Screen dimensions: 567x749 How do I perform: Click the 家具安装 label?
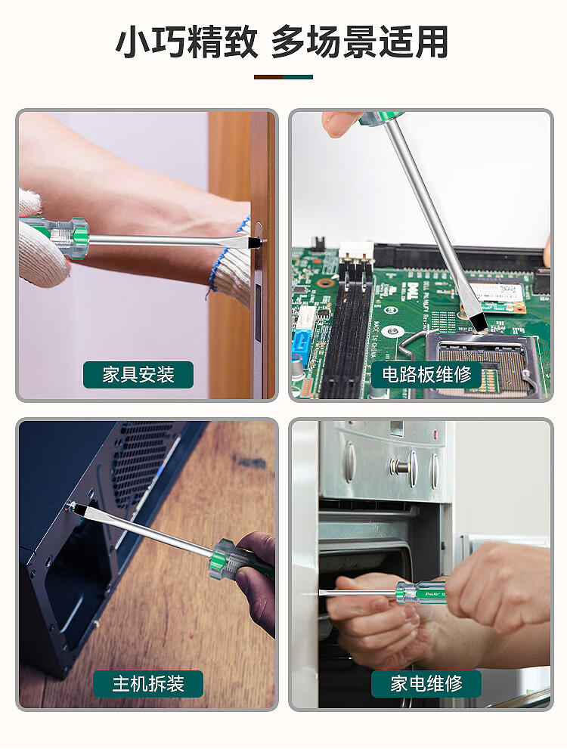click(138, 375)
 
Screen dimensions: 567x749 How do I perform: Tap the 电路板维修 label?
click(426, 375)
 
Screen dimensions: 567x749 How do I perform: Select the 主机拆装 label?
click(148, 683)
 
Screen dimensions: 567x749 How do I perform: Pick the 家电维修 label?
click(426, 683)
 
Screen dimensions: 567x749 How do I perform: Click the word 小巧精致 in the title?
click(187, 42)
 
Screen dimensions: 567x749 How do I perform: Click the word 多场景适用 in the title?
click(360, 42)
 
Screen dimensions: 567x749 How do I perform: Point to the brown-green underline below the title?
click(283, 77)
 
